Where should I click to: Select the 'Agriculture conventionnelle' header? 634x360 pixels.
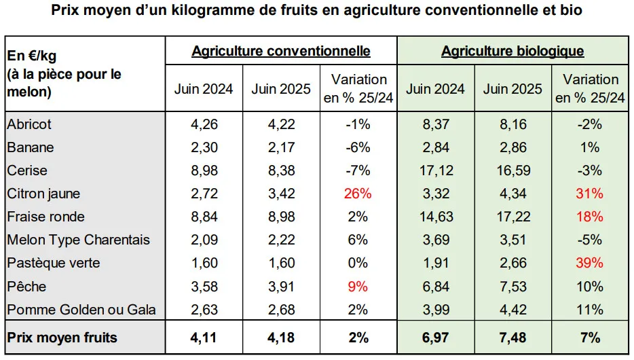click(281, 52)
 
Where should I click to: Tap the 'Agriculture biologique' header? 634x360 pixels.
click(512, 52)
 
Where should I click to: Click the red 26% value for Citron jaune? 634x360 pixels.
click(357, 194)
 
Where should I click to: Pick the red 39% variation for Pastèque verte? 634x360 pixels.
click(590, 263)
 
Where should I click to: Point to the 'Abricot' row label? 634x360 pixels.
click(29, 125)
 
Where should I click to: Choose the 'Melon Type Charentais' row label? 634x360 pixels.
click(78, 240)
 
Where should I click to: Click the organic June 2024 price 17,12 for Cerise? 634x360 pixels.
click(436, 170)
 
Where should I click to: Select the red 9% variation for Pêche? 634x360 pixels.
click(357, 286)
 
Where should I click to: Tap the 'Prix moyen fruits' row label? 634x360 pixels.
click(62, 338)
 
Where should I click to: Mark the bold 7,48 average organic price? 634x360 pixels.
click(513, 338)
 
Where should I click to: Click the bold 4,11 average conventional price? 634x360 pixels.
click(204, 338)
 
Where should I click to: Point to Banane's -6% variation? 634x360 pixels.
click(357, 148)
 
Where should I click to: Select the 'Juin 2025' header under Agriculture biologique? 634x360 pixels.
click(513, 89)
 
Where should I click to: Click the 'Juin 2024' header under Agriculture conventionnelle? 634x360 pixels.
click(204, 89)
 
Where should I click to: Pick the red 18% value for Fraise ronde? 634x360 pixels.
click(590, 217)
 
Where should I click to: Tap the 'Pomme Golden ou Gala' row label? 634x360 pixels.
click(81, 310)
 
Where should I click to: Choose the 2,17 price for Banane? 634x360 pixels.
click(281, 148)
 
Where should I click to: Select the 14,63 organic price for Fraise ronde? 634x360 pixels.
click(436, 217)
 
